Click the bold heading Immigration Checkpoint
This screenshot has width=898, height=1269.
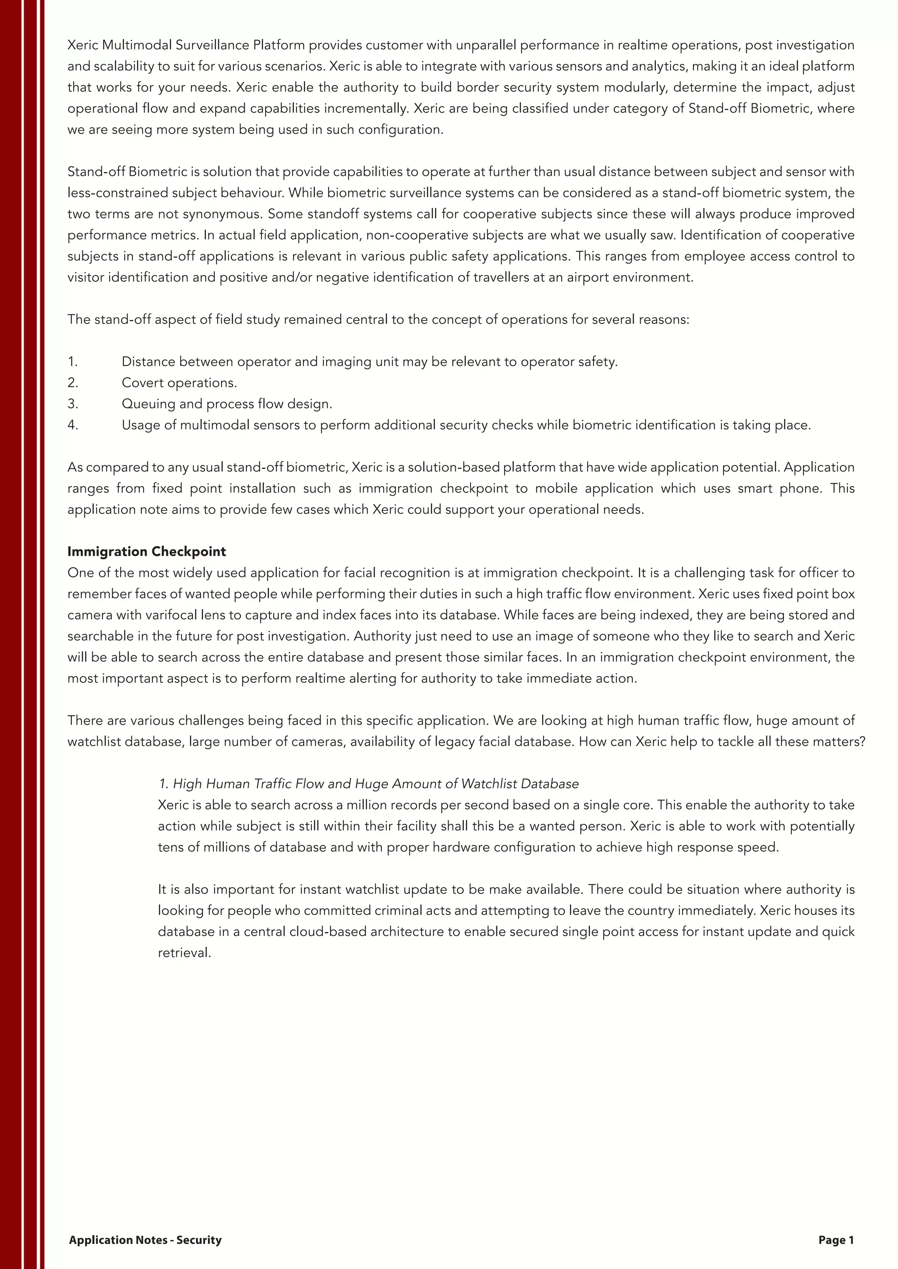[146, 552]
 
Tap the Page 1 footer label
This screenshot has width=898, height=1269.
[835, 1240]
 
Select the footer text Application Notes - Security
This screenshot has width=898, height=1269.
[145, 1240]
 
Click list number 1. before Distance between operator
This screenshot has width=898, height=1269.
[72, 362]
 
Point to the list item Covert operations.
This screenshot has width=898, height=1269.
[179, 383]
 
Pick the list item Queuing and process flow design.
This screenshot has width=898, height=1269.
[227, 404]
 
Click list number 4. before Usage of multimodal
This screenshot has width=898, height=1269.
[73, 425]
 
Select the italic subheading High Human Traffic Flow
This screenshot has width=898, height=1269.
[369, 784]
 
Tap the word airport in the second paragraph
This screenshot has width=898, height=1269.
[586, 277]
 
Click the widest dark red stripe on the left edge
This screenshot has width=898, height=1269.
[11, 634]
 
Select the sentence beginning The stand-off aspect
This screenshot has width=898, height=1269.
[378, 319]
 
